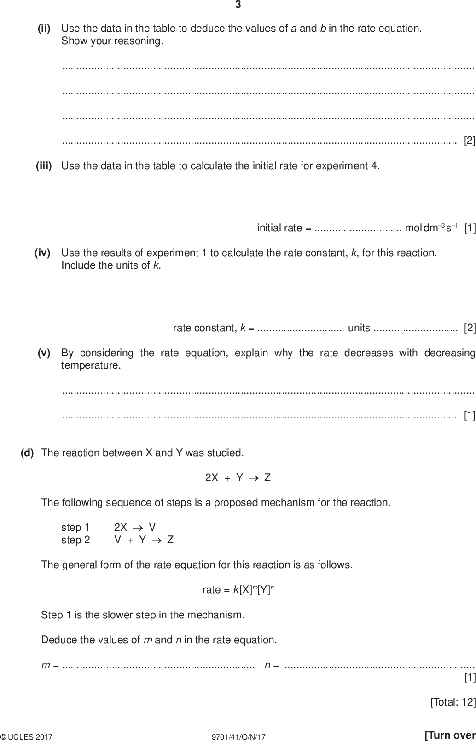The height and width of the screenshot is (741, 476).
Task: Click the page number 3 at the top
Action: [238, 5]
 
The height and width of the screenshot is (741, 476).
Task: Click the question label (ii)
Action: [44, 29]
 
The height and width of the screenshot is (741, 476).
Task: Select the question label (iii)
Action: [44, 165]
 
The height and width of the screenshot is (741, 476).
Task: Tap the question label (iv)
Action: [42, 253]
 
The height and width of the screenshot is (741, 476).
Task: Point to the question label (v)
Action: [44, 353]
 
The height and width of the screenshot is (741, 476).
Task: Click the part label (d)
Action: [27, 453]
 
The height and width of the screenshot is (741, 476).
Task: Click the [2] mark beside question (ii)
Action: [470, 141]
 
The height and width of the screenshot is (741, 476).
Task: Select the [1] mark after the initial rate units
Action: [470, 228]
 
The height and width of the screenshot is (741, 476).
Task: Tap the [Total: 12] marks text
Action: [453, 702]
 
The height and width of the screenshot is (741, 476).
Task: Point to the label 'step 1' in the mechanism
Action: [75, 528]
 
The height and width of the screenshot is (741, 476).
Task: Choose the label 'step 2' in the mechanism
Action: [75, 540]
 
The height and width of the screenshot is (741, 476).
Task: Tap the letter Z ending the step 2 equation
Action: [170, 540]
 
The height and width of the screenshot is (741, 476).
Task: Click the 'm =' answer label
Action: [50, 665]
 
